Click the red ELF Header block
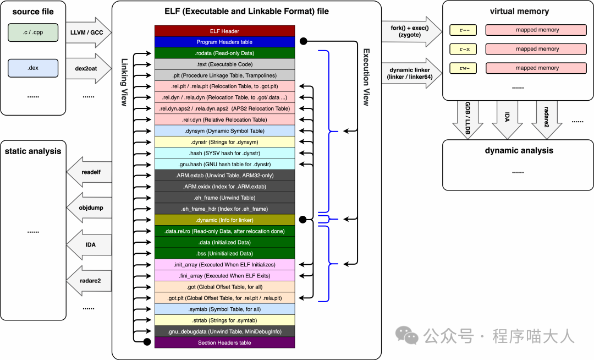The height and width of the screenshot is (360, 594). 224,31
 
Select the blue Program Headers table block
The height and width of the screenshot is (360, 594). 224,42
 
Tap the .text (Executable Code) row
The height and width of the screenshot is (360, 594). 224,64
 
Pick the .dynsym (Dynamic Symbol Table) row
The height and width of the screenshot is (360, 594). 224,130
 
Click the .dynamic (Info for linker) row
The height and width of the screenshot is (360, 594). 224,220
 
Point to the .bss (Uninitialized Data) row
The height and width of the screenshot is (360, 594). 224,253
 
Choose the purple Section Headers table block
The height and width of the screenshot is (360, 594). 224,342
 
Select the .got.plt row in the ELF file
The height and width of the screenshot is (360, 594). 224,298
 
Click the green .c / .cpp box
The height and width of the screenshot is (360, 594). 33,32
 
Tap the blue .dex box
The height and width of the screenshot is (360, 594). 33,68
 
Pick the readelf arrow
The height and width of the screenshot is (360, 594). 89,172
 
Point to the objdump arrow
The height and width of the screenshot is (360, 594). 89,208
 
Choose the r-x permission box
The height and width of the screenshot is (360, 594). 463,49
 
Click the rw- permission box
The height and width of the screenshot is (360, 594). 463,68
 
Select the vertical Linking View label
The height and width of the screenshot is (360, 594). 125,83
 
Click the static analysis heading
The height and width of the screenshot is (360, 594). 33,151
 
